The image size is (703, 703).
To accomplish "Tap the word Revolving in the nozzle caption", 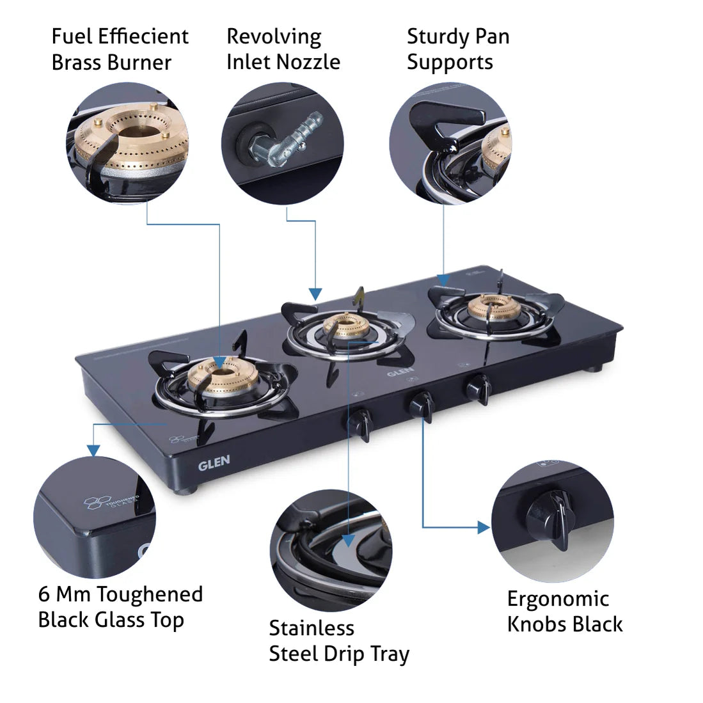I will click(274, 37).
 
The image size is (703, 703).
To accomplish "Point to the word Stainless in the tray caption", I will click(312, 628).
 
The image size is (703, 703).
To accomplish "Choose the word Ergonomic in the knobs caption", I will click(558, 599).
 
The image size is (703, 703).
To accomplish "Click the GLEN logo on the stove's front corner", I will click(214, 463).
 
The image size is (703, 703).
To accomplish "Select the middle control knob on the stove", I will click(422, 405).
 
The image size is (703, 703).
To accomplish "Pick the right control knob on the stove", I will click(478, 388).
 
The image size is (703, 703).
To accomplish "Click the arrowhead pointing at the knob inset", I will click(484, 527).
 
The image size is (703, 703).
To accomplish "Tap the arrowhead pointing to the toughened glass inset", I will click(94, 451).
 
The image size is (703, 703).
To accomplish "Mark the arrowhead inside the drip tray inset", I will click(347, 539).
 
